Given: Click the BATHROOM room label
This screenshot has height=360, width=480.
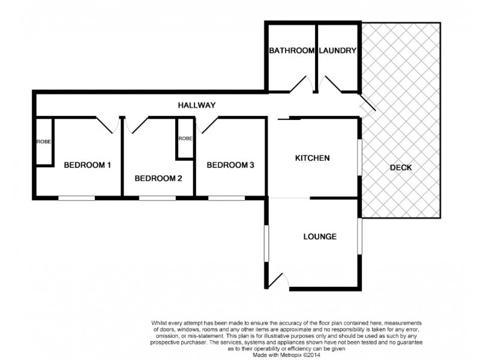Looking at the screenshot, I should tap(292, 51).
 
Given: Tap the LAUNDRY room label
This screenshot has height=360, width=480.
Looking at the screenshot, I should tap(338, 51).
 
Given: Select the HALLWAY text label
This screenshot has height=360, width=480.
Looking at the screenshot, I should tap(197, 105).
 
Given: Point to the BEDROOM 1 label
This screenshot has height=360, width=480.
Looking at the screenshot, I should tap(88, 165).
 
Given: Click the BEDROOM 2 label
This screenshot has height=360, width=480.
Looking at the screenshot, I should tap(158, 178).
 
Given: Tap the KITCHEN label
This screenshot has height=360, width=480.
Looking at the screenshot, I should tap(312, 158).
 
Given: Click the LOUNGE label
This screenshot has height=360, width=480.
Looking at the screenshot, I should tap(319, 236).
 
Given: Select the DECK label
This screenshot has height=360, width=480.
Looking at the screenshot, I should tap(400, 167).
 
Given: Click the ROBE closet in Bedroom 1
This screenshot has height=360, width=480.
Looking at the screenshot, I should tap(43, 142).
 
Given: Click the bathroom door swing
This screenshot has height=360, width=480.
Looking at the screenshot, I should tap(300, 84).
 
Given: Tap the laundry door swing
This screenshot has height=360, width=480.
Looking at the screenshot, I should tap(330, 84).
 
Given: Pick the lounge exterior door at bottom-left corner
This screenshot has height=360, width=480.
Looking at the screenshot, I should tap(279, 280).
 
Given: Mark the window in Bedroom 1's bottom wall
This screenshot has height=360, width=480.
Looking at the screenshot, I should tap(76, 197).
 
